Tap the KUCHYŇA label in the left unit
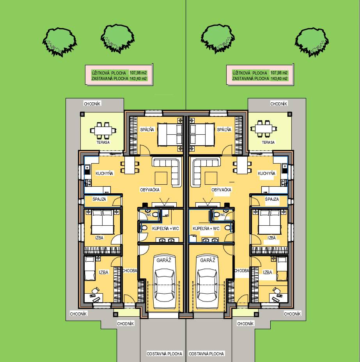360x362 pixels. tap(104, 173)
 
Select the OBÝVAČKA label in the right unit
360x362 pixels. tap(221, 190)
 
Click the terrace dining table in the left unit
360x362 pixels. tap(103, 130)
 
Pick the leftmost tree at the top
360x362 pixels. tap(59, 41)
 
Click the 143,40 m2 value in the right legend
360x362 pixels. tap(279, 78)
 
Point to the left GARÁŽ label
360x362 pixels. tap(164, 260)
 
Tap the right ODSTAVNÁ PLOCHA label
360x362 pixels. tap(206, 354)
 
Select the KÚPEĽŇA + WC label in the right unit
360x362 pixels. tap(206, 228)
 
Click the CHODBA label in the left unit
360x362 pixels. tap(129, 271)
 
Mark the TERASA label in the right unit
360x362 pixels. tap(268, 143)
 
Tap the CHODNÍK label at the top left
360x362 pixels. tap(92, 103)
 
